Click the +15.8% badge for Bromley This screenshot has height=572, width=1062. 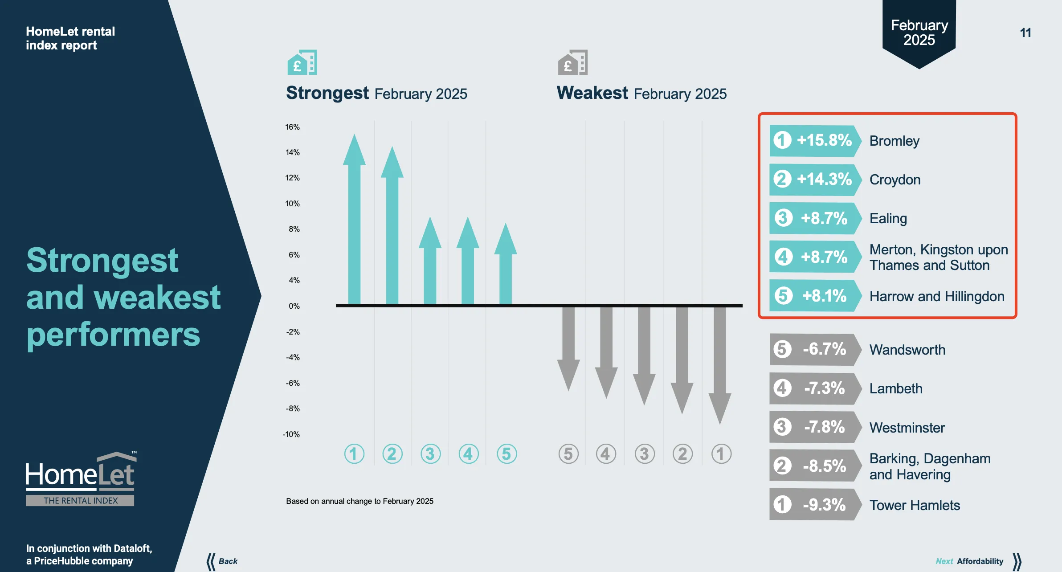[x=814, y=141]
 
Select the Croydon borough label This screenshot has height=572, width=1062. [x=895, y=180]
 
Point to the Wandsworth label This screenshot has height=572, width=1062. [x=907, y=350]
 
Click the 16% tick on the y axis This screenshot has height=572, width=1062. [x=292, y=127]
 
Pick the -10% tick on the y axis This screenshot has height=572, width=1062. [x=291, y=434]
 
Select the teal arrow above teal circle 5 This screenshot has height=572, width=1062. [x=506, y=267]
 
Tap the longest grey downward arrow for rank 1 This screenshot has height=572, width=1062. [x=720, y=361]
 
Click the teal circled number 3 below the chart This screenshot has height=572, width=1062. [x=430, y=454]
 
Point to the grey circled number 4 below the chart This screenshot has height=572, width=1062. [x=606, y=454]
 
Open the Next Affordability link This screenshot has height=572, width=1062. [x=978, y=561]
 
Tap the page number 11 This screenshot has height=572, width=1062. [x=1025, y=33]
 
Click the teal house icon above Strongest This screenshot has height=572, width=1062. [x=302, y=62]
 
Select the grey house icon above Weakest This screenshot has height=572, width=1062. [x=573, y=62]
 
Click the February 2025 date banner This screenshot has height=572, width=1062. [x=919, y=33]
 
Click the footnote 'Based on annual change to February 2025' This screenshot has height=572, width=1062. [x=359, y=501]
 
